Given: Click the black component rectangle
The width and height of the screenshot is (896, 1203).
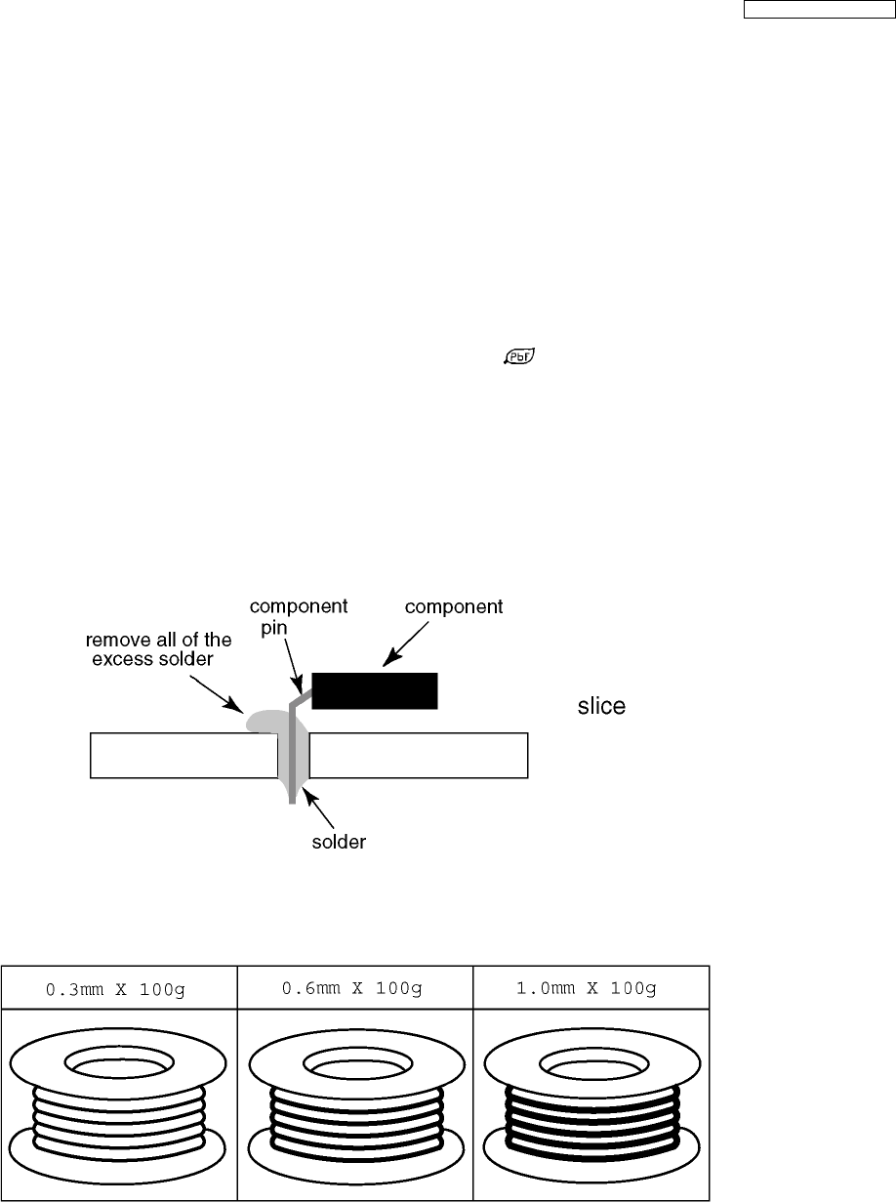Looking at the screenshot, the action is pyautogui.click(x=375, y=690).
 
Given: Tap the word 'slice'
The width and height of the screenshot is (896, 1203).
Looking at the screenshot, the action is pyautogui.click(x=601, y=706).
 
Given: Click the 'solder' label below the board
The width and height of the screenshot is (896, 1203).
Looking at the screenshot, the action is pyautogui.click(x=339, y=842).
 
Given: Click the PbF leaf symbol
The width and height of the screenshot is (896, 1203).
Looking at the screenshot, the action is pyautogui.click(x=520, y=357).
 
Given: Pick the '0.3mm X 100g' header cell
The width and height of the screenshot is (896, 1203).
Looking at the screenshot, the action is pyautogui.click(x=119, y=988).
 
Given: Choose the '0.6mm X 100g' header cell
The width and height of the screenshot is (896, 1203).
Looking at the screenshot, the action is pyautogui.click(x=355, y=988).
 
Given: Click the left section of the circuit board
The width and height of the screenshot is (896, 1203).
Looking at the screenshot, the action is pyautogui.click(x=183, y=756).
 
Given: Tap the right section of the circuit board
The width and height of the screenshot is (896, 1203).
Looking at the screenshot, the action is pyautogui.click(x=418, y=756).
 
